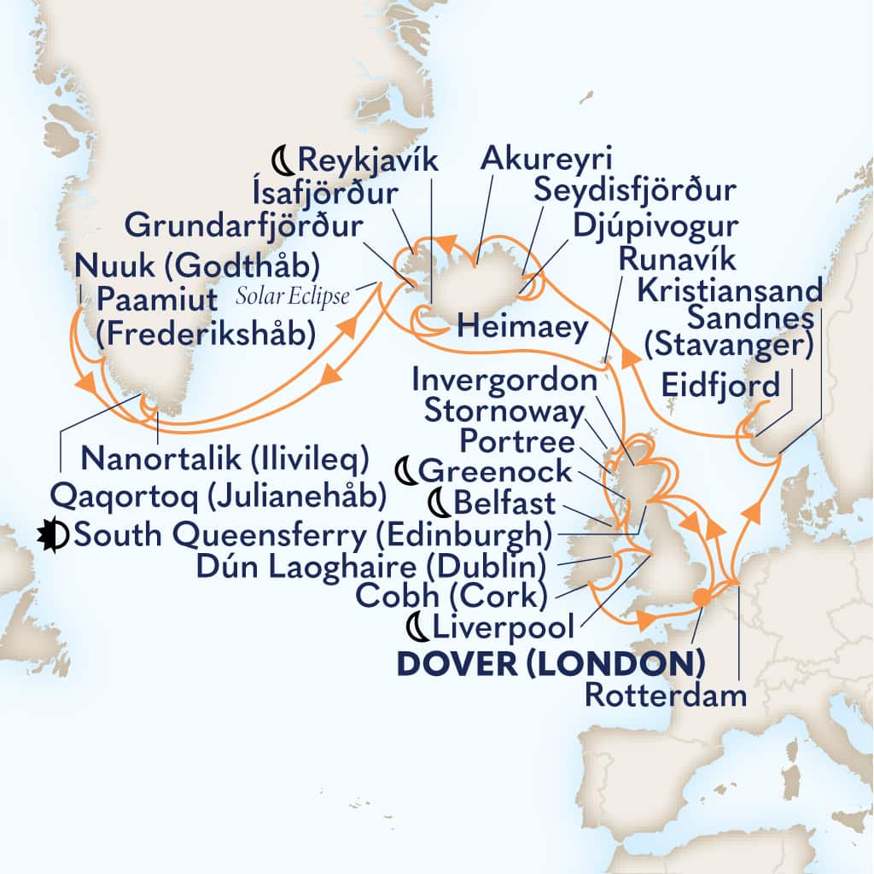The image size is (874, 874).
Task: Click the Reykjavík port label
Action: (367, 159)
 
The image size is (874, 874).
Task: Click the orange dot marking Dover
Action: (701, 598)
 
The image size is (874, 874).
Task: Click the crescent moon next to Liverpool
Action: (417, 629)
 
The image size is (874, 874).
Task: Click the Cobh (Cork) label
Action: (454, 597)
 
